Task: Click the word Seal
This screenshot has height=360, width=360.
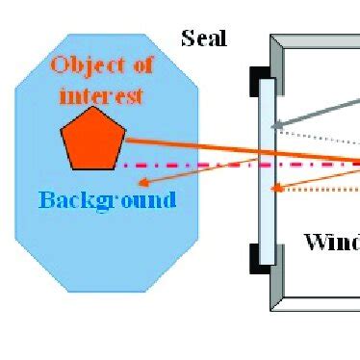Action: [x=203, y=39]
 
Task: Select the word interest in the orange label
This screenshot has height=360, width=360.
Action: [x=100, y=95]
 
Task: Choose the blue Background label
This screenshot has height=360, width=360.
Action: [x=107, y=200]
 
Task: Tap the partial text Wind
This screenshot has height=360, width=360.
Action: [x=331, y=241]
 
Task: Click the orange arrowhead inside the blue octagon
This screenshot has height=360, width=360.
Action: [x=142, y=181]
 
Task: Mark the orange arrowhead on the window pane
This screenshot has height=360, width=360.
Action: [x=276, y=189]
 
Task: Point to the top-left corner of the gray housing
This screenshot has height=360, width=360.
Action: [x=272, y=38]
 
